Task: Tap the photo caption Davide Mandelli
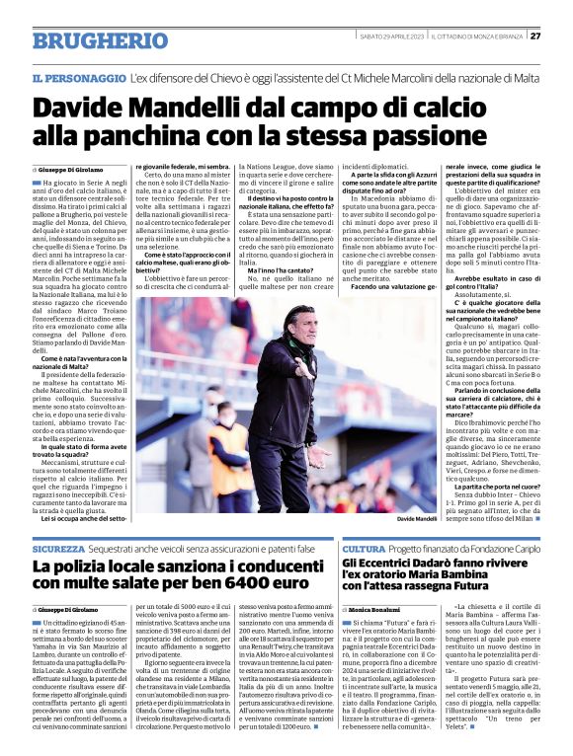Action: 416,518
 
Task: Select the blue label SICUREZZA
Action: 58,547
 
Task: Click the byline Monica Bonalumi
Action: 379,612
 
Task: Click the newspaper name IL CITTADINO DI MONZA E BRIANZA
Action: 477,37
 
